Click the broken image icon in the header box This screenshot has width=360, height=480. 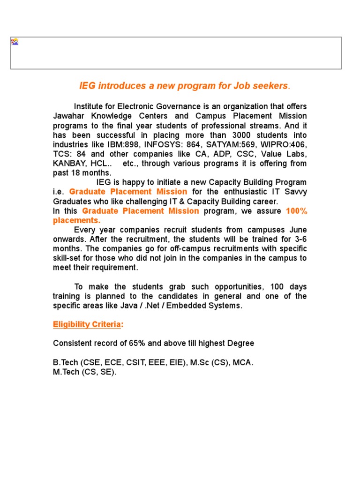15,42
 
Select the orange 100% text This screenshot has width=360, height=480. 296,211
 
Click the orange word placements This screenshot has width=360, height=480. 76,220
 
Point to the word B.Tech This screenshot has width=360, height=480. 66,363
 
